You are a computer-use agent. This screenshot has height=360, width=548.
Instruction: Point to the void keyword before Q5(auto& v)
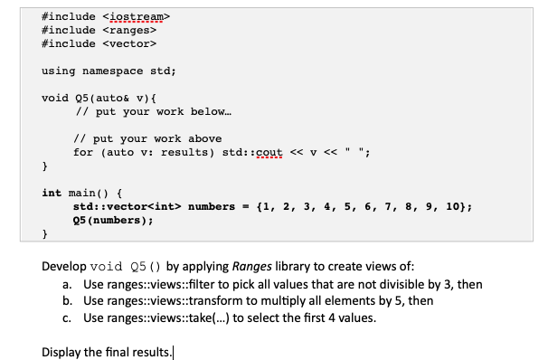point(56,97)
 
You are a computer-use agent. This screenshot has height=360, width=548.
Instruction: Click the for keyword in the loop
point(83,152)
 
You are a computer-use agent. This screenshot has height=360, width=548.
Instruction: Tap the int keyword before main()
point(52,193)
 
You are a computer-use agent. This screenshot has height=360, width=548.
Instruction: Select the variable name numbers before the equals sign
point(210,206)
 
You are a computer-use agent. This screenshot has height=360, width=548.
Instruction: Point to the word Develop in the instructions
point(66,269)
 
